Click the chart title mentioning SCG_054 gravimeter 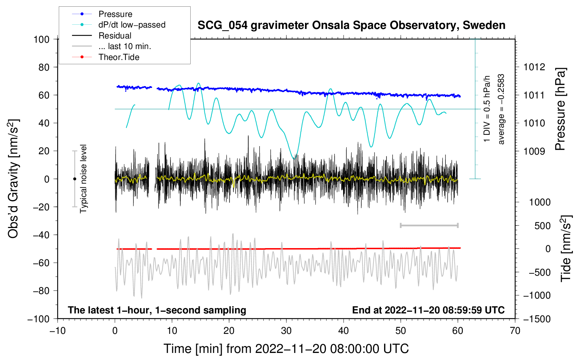point(351,25)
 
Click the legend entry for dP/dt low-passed point(132,25)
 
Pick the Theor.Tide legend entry point(119,57)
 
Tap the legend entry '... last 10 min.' point(125,46)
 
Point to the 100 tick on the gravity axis point(41,39)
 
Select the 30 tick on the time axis point(286,331)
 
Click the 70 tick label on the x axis point(515,331)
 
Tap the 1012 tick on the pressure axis point(534,67)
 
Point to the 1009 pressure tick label point(534,151)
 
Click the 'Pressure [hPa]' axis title point(560,109)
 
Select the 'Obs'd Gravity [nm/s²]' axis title point(13,179)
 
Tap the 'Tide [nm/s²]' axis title point(566,249)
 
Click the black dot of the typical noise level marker point(74,179)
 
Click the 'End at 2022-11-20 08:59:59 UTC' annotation point(428,310)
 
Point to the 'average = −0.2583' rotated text point(501,109)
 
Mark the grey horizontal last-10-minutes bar point(429,226)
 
